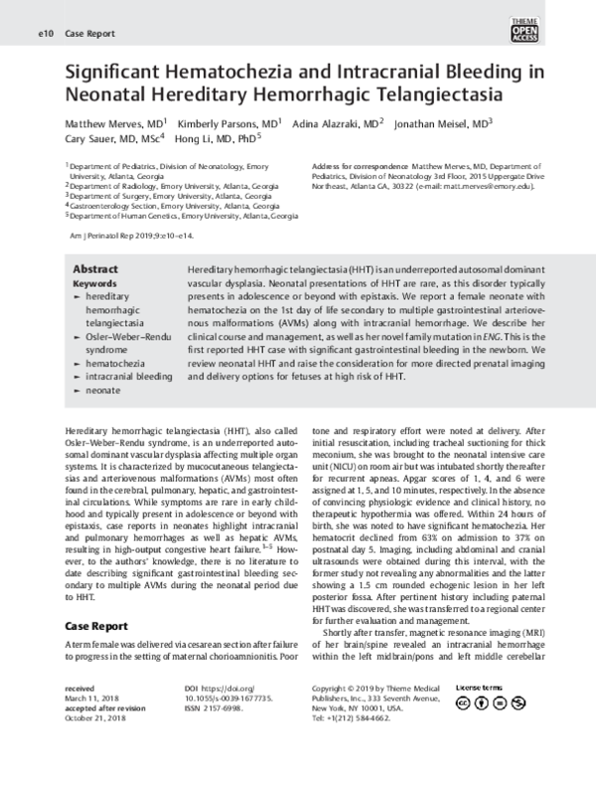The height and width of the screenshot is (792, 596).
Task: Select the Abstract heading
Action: click(x=96, y=269)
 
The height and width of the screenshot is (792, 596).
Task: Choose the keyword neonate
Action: click(x=103, y=391)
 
